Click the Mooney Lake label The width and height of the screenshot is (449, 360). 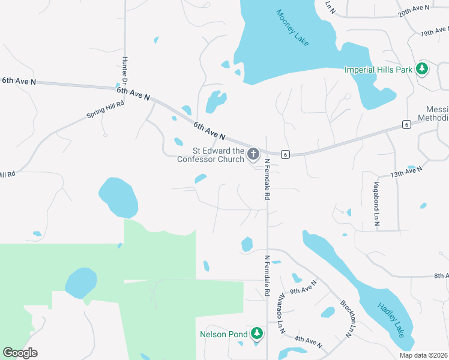point(293,28)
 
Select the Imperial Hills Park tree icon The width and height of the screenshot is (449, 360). point(423,69)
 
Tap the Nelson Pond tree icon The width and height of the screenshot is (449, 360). point(257,333)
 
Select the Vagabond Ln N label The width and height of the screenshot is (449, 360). point(377,203)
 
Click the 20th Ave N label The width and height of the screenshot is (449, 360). point(414,11)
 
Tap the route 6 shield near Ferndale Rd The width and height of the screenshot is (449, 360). point(286,154)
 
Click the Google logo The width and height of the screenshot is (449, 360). point(20,352)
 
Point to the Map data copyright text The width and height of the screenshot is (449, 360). point(423,355)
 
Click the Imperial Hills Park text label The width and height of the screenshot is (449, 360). point(378,70)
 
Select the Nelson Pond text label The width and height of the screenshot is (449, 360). point(224,334)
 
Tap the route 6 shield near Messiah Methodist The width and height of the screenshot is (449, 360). point(406,124)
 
